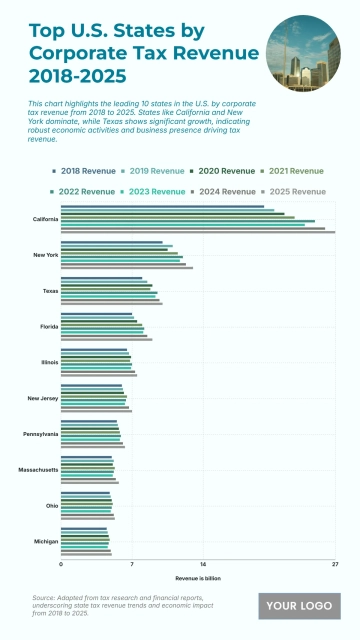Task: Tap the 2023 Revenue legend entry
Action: pos(155,191)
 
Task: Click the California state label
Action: pos(45,218)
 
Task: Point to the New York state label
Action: pos(46,255)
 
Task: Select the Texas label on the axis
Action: pos(50,291)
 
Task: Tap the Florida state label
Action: pos(49,327)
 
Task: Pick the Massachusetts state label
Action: pos(39,470)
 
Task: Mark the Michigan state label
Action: pos(46,541)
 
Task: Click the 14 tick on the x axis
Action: pos(203,566)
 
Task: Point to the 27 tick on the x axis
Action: pos(334,566)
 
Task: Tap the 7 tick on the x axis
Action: pos(132,566)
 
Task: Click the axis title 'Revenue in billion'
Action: pos(198,578)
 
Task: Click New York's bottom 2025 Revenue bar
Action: pos(127,268)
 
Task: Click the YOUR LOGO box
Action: pos(299,606)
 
